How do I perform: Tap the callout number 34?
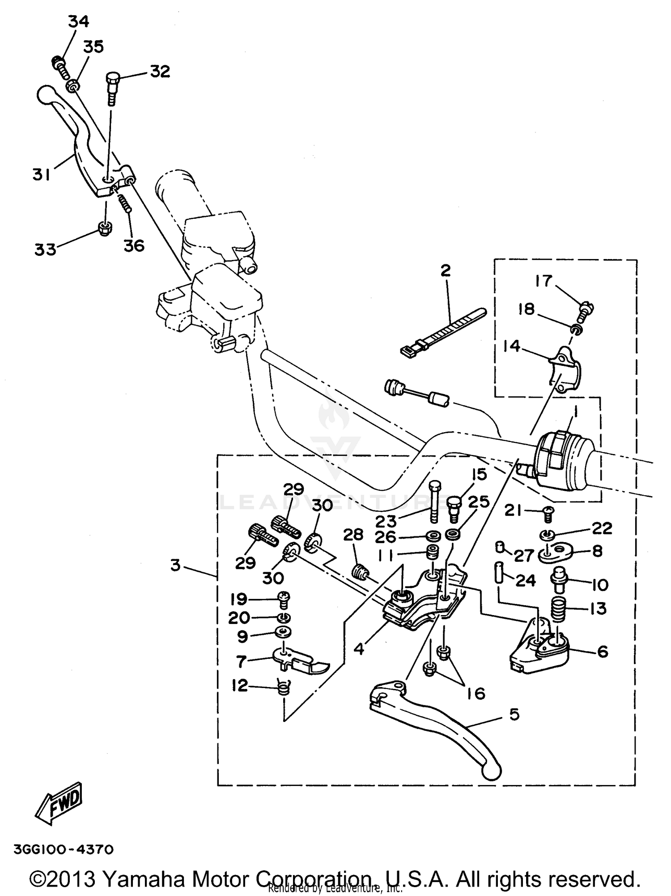click(x=79, y=21)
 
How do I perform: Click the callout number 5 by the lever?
click(x=514, y=714)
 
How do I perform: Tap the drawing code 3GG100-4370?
click(x=64, y=849)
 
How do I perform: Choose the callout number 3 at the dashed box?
click(x=175, y=565)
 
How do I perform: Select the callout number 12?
click(x=240, y=685)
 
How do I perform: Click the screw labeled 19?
click(x=284, y=598)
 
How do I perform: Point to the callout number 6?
click(x=603, y=652)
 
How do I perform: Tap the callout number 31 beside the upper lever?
click(x=41, y=175)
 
